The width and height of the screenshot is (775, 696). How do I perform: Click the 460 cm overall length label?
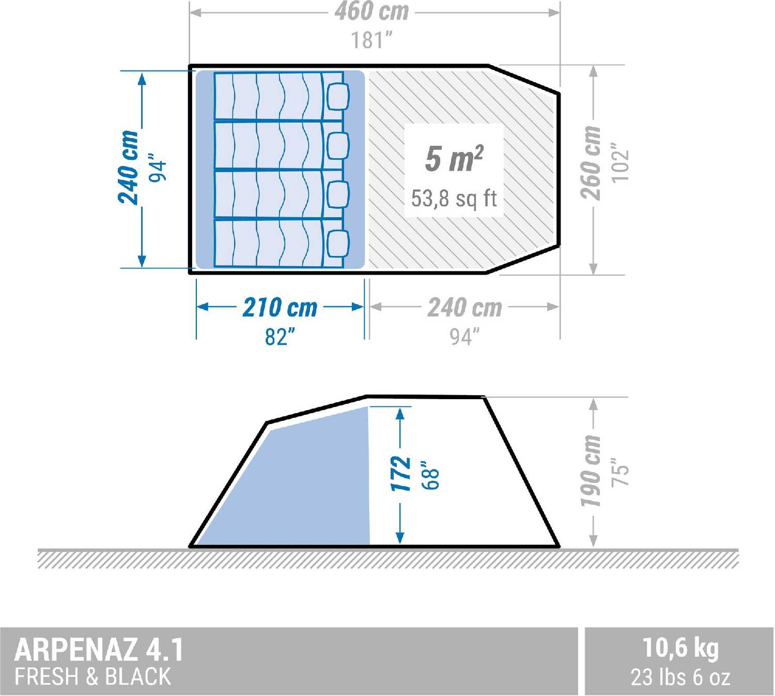click(x=371, y=11)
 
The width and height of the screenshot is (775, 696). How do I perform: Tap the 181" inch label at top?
click(x=371, y=40)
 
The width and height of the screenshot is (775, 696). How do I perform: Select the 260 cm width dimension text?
click(x=591, y=162)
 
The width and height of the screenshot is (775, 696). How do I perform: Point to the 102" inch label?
click(x=619, y=162)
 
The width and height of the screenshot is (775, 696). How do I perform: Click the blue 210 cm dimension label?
click(x=280, y=308)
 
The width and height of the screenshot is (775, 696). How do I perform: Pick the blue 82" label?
click(x=280, y=337)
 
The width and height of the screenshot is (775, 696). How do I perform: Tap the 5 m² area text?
click(x=454, y=158)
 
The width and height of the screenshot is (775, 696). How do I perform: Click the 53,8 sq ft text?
click(x=454, y=199)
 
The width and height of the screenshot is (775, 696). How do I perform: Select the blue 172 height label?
click(x=400, y=474)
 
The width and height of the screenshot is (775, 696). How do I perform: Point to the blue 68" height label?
click(x=430, y=475)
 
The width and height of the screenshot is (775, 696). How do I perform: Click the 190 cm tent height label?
click(x=591, y=471)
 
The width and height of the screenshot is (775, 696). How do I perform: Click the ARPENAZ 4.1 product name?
click(x=99, y=649)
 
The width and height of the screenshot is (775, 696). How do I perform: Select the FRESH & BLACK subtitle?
click(x=92, y=676)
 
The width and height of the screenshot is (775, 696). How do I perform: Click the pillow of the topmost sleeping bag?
click(x=338, y=97)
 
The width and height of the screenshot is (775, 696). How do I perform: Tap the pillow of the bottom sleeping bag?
click(x=338, y=243)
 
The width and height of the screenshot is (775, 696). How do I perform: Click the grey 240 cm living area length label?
click(x=464, y=308)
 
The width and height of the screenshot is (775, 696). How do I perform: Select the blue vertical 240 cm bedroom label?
click(x=128, y=168)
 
